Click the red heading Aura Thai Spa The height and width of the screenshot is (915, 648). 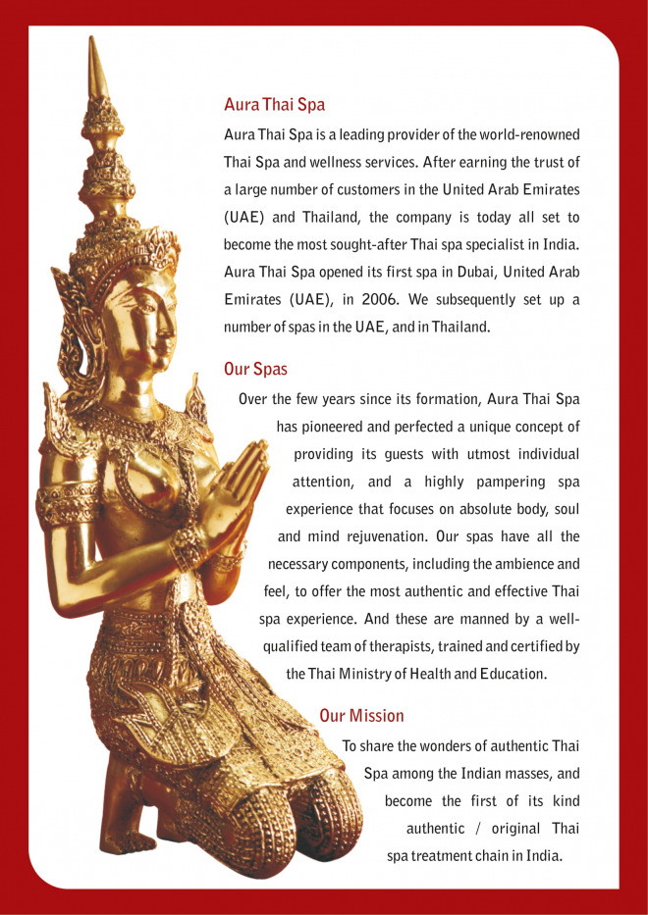point(274,104)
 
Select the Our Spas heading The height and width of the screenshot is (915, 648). point(255,371)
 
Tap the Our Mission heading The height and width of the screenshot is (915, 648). point(361,716)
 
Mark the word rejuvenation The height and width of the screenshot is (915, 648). point(382,536)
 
